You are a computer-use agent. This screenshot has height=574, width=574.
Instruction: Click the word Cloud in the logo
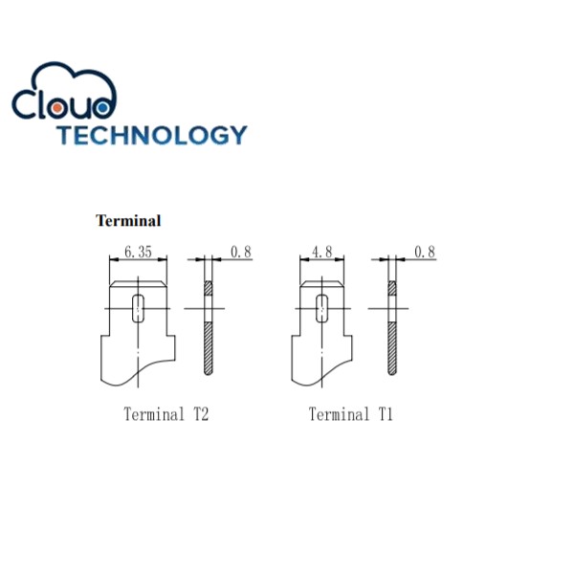[65, 101]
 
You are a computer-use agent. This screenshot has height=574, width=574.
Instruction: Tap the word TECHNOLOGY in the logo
[150, 135]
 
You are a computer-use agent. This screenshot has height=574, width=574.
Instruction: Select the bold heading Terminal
[128, 221]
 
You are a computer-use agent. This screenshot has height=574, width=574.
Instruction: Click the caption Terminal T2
[166, 414]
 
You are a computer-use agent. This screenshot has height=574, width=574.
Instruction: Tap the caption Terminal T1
[350, 414]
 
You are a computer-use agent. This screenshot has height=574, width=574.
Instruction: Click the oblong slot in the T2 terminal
[140, 309]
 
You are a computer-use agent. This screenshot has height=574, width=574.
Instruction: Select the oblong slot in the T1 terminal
[322, 308]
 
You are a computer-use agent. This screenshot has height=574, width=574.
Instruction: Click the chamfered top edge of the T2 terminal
[140, 283]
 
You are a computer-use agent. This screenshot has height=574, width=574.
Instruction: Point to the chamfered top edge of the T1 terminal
[322, 284]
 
